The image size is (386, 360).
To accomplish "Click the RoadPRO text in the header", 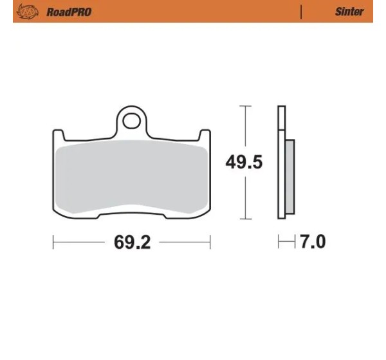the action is (69, 12).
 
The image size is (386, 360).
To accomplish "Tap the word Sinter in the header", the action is (349, 12).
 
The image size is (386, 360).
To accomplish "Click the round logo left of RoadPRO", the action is (27, 12).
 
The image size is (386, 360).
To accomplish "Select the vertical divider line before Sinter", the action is (301, 12).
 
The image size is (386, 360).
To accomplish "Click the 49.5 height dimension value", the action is (244, 162).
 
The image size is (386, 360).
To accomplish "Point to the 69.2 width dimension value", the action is (132, 242).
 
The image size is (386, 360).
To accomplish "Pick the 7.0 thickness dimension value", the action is (313, 242).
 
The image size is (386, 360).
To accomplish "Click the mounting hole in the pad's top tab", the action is (131, 121).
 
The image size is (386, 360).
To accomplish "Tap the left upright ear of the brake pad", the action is (59, 135).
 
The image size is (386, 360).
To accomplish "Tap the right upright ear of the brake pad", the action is (205, 135).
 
